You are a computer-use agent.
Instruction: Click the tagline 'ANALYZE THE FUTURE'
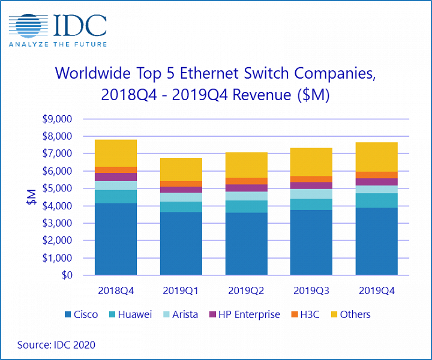click(58, 44)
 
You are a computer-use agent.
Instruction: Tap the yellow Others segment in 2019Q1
click(181, 169)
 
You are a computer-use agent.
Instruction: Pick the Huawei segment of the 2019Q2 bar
click(246, 206)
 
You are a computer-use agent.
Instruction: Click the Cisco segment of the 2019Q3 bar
click(311, 242)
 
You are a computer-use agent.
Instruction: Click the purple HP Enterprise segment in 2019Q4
click(377, 182)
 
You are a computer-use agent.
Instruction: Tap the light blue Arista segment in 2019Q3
click(311, 194)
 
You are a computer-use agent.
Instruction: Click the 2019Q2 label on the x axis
click(246, 290)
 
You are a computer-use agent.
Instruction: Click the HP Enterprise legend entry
click(243, 314)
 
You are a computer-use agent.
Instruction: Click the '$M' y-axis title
click(31, 197)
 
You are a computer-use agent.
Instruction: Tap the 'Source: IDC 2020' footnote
click(56, 345)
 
